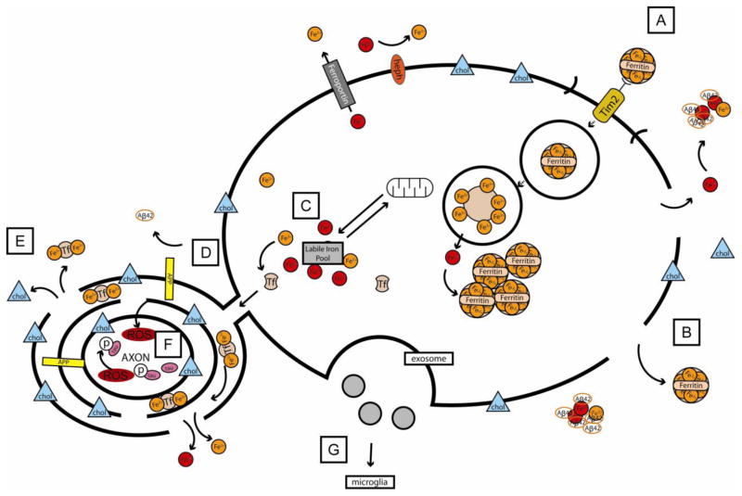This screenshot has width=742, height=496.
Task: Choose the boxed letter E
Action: pyautogui.click(x=21, y=243)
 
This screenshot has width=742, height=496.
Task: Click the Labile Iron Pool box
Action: pyautogui.click(x=326, y=255)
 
